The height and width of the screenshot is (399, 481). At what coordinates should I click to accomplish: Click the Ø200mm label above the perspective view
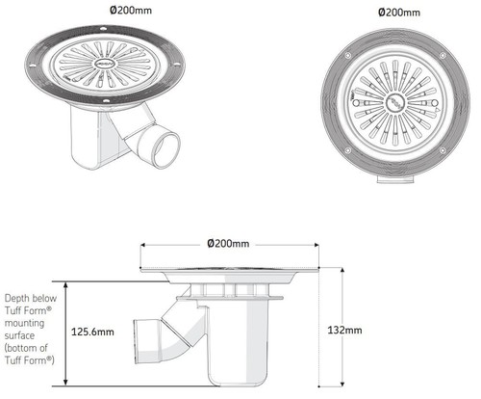pyautogui.click(x=132, y=11)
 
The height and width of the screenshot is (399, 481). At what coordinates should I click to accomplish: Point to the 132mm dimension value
pyautogui.click(x=346, y=331)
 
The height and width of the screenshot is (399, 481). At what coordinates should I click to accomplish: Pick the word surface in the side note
pyautogui.click(x=22, y=335)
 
